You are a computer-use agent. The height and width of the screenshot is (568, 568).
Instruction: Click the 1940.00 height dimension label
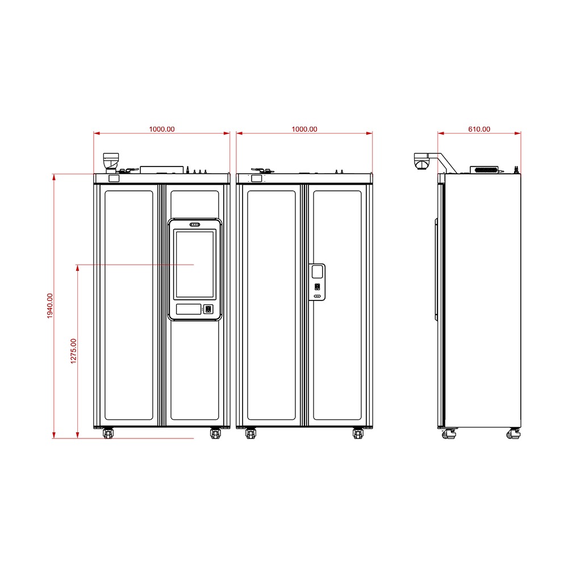pos(50,306)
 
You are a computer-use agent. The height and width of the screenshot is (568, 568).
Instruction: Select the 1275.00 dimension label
pos(73,351)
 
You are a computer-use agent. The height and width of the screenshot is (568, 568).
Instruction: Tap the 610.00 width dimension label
pos(479,130)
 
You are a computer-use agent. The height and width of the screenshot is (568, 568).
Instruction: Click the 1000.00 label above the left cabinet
pos(162,130)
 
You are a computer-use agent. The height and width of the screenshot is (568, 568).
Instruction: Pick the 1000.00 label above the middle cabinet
pos(304,130)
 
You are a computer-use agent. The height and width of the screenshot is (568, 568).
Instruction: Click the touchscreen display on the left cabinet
pos(195,265)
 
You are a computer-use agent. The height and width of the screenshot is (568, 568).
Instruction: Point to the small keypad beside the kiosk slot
pos(208,309)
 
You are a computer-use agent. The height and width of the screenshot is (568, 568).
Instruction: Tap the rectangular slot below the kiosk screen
pos(189,309)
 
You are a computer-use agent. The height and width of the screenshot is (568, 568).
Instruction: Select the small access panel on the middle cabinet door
pos(317,282)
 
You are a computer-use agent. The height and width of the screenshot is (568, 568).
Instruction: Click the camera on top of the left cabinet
pos(111,162)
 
